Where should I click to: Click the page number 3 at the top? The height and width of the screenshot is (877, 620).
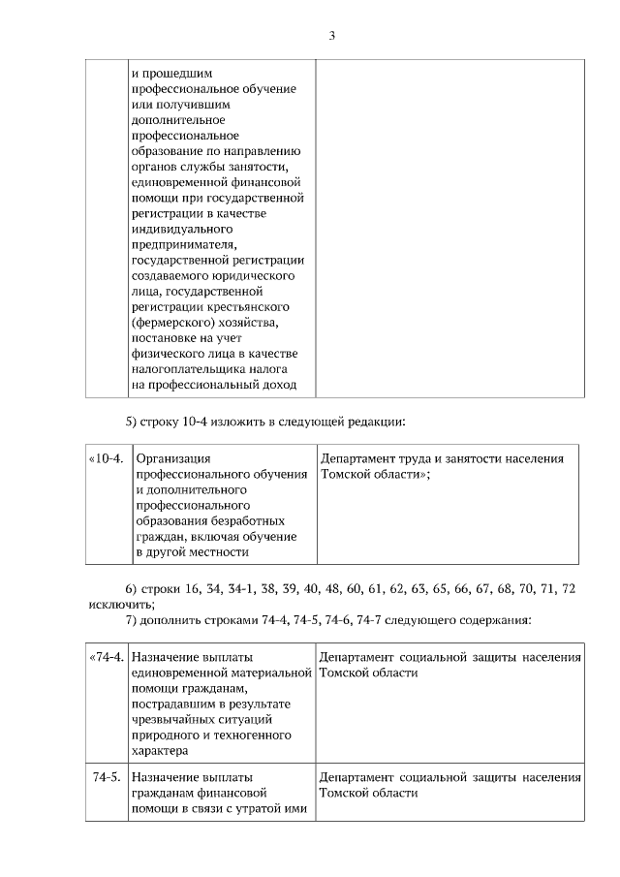(331, 36)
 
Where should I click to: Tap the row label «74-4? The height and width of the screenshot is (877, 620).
(107, 657)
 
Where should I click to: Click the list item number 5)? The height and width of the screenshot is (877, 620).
(135, 421)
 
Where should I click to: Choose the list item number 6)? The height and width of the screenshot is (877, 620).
(135, 588)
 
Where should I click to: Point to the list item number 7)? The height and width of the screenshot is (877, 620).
(135, 619)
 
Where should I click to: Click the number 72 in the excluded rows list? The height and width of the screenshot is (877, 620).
(570, 588)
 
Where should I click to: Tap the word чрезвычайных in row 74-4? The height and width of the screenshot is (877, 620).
(173, 719)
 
